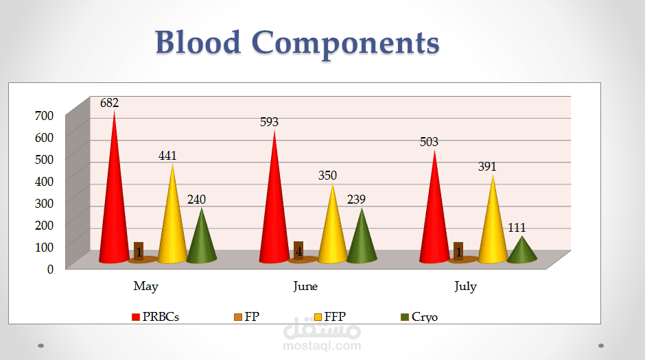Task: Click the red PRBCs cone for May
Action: tap(113, 206)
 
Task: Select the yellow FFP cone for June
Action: tap(333, 230)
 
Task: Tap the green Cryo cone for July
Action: tap(522, 251)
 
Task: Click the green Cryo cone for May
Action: tap(201, 240)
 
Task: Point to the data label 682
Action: tap(110, 104)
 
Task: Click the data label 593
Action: tap(269, 122)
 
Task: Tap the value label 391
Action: tap(486, 167)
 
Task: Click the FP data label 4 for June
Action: tap(298, 251)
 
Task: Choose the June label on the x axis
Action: tap(305, 287)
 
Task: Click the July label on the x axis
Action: tap(465, 287)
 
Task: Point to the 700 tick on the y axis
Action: tap(44, 116)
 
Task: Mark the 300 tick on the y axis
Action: tap(44, 203)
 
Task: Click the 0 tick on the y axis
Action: tap(50, 268)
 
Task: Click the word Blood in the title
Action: tap(198, 43)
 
